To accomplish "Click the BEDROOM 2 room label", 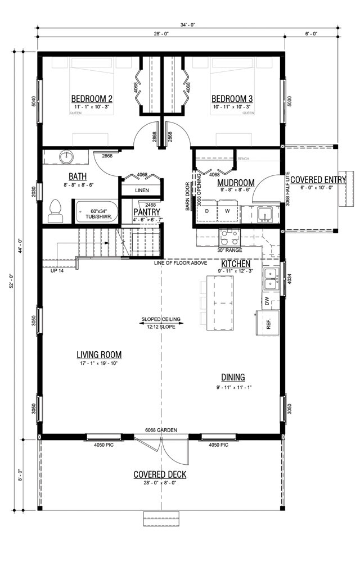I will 92,99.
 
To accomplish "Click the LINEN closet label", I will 142,191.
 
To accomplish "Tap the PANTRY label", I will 147,212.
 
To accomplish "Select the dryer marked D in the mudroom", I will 206,211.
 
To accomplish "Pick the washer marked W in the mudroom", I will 227,211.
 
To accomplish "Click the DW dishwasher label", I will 267,301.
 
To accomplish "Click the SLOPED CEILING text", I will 161,320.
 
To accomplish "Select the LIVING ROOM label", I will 99,355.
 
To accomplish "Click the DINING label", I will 232,377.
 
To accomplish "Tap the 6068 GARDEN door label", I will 161,430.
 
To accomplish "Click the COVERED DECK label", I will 160,474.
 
